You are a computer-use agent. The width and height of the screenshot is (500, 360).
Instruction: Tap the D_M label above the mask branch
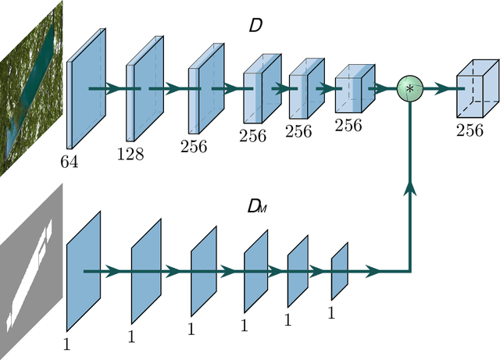tap(255, 207)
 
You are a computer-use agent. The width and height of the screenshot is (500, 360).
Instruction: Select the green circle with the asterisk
tap(409, 88)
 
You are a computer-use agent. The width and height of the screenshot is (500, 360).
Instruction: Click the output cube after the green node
tap(476, 88)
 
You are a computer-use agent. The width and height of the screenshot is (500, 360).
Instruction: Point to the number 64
tap(72, 162)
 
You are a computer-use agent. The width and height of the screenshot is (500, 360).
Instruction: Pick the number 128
tap(130, 154)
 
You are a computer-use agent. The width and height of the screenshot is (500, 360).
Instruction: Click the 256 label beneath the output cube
tap(470, 130)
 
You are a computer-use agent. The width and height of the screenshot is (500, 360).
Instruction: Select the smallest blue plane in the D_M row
tap(339, 271)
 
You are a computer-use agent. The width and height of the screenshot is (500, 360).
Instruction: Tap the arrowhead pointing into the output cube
tap(450, 88)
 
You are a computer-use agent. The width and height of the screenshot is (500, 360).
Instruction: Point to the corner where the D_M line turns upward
tap(409, 272)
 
